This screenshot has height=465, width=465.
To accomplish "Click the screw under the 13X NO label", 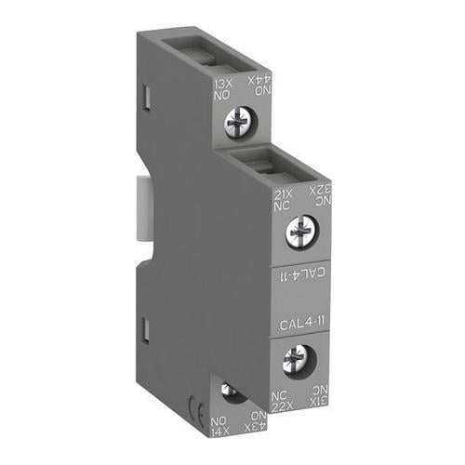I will point(239,118).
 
